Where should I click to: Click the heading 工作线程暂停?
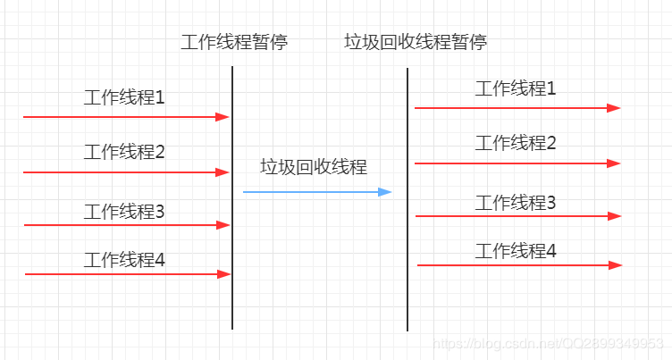234,42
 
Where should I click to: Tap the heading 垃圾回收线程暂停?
416,42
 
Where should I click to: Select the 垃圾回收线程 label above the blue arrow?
314,167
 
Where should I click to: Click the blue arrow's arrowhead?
386,192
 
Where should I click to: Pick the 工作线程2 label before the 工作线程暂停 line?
124,153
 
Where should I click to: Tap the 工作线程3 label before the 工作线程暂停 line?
124,212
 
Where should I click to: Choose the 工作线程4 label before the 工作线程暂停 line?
124,260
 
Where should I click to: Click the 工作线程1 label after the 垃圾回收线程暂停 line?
516,88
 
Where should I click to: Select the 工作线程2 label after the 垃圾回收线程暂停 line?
516,143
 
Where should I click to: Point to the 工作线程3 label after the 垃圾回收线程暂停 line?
516,203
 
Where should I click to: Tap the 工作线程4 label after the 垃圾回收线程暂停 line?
516,251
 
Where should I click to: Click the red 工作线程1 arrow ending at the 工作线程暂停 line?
125,117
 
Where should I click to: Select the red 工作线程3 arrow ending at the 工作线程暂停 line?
125,225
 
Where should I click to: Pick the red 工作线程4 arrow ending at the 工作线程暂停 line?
125,274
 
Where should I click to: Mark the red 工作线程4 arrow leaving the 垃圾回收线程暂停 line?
518,265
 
